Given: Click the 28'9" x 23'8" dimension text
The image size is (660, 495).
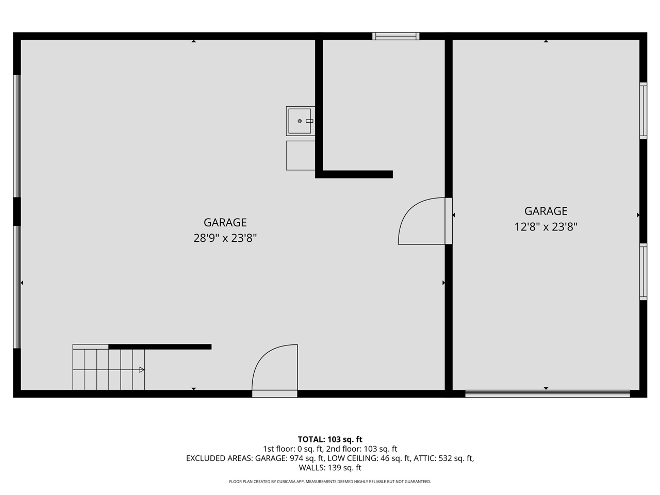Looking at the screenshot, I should pyautogui.click(x=225, y=238).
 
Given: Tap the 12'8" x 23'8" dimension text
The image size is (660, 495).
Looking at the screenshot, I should pyautogui.click(x=546, y=227).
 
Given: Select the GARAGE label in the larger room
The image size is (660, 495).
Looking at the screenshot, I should pyautogui.click(x=225, y=222).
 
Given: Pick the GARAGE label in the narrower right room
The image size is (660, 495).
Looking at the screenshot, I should pyautogui.click(x=546, y=211).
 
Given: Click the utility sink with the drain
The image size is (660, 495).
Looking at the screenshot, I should pyautogui.click(x=300, y=121).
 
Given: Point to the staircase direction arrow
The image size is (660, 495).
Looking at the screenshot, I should pyautogui.click(x=141, y=370).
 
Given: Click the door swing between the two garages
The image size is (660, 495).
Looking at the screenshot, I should pyautogui.click(x=420, y=222).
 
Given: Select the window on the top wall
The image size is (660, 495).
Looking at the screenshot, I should pyautogui.click(x=395, y=36).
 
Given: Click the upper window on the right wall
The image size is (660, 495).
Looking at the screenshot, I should pyautogui.click(x=643, y=110).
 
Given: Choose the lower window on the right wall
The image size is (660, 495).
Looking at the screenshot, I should pyautogui.click(x=643, y=271).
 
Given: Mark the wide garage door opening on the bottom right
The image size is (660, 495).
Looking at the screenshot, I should pyautogui.click(x=547, y=394).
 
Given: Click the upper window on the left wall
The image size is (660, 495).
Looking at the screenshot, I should pyautogui.click(x=17, y=136).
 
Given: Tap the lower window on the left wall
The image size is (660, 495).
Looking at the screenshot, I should pyautogui.click(x=17, y=287).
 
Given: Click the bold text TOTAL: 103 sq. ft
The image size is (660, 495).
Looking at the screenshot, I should pyautogui.click(x=330, y=439).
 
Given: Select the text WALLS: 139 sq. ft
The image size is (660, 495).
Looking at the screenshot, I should pyautogui.click(x=330, y=468).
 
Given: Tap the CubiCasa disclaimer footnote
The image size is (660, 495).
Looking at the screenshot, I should pyautogui.click(x=330, y=482).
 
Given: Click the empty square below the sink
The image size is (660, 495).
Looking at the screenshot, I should pyautogui.click(x=300, y=155).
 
